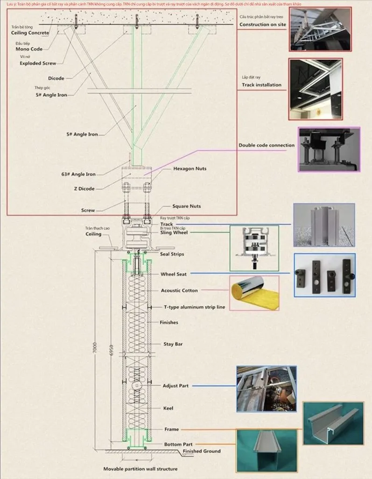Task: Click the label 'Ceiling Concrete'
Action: point(30,33)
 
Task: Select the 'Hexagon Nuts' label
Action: point(190,168)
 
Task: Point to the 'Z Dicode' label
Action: point(84,189)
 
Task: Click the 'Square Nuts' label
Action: point(186,206)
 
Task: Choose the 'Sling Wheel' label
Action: point(174,232)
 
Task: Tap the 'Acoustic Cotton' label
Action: point(179,290)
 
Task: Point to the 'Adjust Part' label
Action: point(175,386)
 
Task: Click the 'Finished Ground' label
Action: point(202,451)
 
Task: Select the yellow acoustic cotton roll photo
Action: point(254,293)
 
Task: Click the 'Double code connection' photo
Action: point(329,149)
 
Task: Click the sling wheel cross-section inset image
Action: point(254,247)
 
